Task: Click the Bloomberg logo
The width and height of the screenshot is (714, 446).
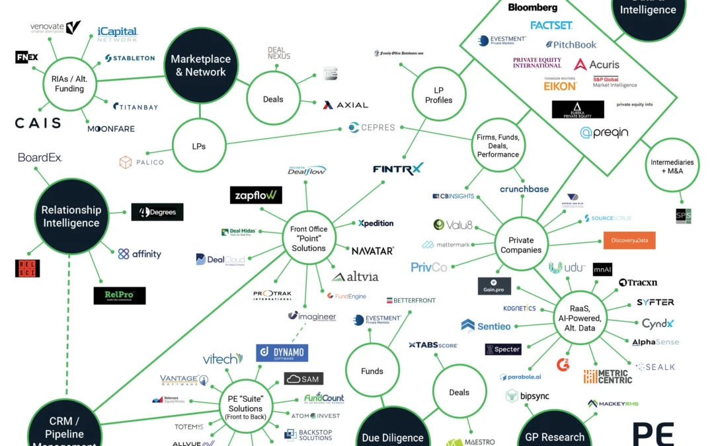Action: [532, 8]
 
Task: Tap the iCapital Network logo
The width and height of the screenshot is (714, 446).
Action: [117, 34]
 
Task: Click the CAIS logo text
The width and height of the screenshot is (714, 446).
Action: [38, 123]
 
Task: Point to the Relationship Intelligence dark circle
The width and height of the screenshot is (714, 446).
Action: [71, 216]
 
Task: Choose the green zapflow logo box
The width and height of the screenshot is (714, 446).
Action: [256, 195]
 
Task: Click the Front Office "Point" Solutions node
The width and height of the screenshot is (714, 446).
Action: [309, 239]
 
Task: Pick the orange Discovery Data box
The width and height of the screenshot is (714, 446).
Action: [629, 241]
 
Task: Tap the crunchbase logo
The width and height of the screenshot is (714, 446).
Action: [524, 189]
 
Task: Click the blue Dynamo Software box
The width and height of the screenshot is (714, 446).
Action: [282, 353]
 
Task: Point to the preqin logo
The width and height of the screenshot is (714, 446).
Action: [604, 132]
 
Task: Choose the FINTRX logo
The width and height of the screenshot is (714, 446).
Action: [398, 169]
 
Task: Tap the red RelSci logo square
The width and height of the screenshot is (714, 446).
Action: [27, 268]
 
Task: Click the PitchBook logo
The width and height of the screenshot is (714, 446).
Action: [571, 45]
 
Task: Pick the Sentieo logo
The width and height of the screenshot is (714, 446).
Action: [486, 326]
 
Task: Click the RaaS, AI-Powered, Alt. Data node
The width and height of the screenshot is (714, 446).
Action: [582, 318]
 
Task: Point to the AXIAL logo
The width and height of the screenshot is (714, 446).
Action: [345, 104]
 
